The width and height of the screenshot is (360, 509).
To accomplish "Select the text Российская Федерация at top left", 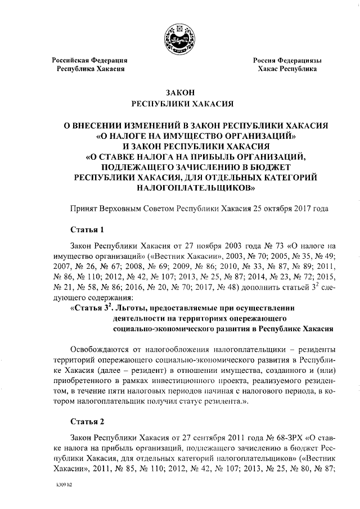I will pyautogui.click(x=90, y=60).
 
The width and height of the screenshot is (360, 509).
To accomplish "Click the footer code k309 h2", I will pyautogui.click(x=64, y=483).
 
